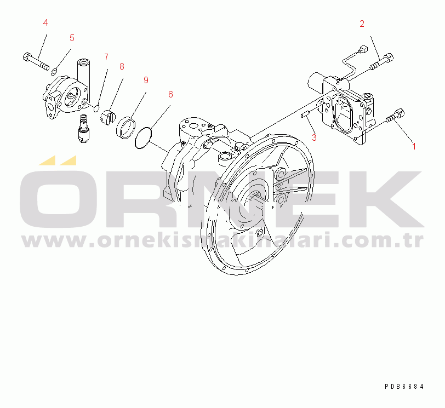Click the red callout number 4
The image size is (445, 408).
(45, 22)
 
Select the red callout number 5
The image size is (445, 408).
(72, 38)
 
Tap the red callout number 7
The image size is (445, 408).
(106, 57)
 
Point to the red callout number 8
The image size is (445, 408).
(122, 66)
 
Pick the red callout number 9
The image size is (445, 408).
(146, 80)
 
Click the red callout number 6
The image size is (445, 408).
(170, 94)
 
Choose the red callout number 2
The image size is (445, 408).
(362, 24)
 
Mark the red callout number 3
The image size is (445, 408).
(314, 137)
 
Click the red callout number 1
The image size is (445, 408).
(414, 146)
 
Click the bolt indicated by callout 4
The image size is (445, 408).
(36, 61)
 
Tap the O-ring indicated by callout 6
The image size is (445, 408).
(143, 138)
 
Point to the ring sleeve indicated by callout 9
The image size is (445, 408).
(125, 128)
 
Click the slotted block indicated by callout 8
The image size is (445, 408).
(108, 117)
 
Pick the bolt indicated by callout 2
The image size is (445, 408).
(382, 61)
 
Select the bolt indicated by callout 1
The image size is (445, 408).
(395, 116)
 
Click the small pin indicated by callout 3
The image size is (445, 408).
(305, 114)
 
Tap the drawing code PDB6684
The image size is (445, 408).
(404, 387)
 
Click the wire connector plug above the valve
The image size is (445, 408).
(362, 50)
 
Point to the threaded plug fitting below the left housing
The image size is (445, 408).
(84, 129)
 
